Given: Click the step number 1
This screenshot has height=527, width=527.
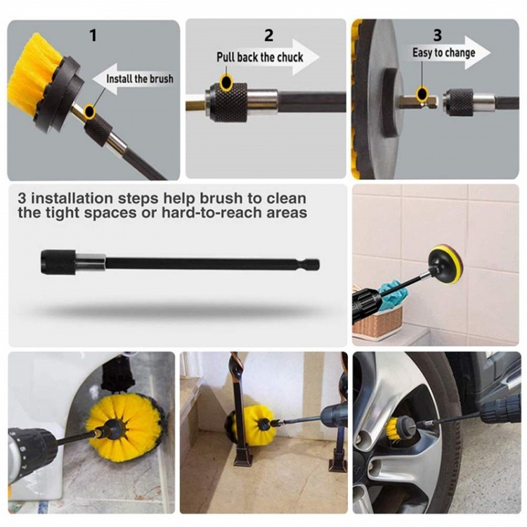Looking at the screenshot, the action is pos(93,35).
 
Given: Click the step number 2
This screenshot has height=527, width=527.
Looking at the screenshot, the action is pos(268,35).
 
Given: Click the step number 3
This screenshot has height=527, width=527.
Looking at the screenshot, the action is pos(437,35).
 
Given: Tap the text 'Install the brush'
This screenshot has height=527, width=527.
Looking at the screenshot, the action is pos(140,79).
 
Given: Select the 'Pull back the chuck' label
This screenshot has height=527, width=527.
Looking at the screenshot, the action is pos(260,57).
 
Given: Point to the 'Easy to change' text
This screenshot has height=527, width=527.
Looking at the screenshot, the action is pos(443,53).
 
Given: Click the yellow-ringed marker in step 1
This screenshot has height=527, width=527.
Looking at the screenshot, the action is pos(89,111).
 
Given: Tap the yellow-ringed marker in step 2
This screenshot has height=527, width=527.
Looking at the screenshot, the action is pos(226,82).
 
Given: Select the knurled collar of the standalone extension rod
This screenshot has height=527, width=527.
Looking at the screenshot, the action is pos(58,262).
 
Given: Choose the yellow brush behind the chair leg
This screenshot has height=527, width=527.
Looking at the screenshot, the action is pos(248,422).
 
